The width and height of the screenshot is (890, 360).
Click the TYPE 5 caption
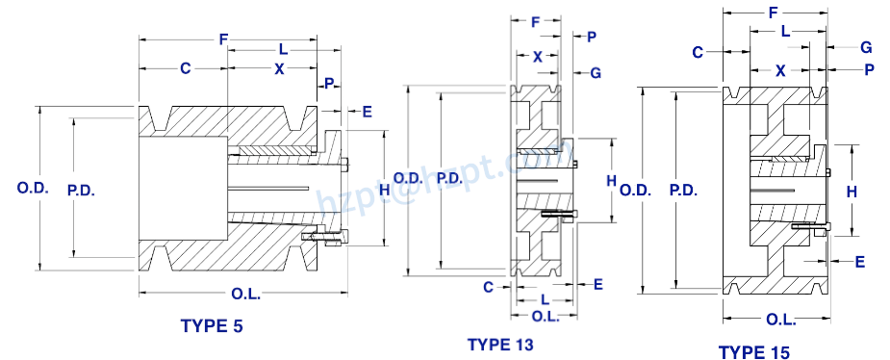pyautogui.click(x=212, y=326)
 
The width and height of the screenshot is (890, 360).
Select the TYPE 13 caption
pyautogui.click(x=499, y=344)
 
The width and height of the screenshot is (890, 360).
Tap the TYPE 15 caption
pyautogui.click(x=754, y=352)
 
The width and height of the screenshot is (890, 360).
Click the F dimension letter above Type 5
pyautogui.click(x=223, y=39)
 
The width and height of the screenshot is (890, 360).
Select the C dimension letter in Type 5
pyautogui.click(x=184, y=69)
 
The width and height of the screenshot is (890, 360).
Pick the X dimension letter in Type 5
pyautogui.click(x=280, y=69)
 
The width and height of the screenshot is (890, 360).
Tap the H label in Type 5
pyautogui.click(x=358, y=191)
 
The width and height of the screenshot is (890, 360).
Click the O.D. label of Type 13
pyautogui.click(x=408, y=178)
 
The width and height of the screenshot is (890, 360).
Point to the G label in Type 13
pyautogui.click(x=596, y=73)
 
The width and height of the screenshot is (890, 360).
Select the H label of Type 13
pyautogui.click(x=611, y=180)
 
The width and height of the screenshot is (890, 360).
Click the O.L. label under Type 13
pyautogui.click(x=546, y=317)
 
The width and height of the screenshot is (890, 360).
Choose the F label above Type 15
pyautogui.click(x=773, y=14)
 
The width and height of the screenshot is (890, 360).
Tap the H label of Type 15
pyautogui.click(x=851, y=193)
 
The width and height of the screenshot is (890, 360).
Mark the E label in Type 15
pyautogui.click(x=859, y=262)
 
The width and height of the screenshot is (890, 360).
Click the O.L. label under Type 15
pyautogui.click(x=780, y=320)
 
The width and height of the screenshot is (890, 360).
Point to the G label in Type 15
pyautogui.click(x=866, y=46)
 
